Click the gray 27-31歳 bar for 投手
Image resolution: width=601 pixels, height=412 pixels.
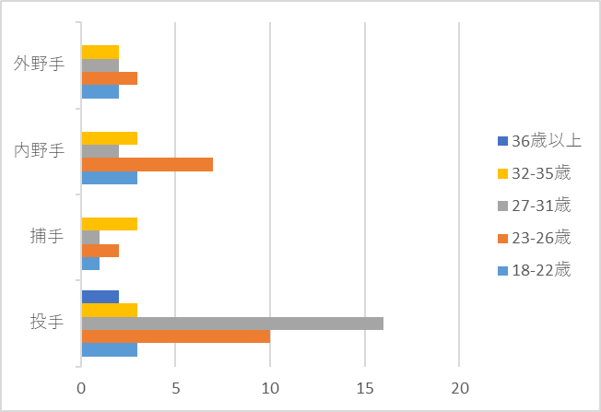(x=232, y=324)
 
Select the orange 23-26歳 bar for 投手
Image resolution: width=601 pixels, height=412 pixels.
(x=176, y=336)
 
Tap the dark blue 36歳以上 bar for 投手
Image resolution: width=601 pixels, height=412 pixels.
(x=100, y=297)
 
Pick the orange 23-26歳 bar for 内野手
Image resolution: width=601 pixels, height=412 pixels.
(x=147, y=164)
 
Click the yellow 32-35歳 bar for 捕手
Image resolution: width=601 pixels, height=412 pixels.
(x=110, y=224)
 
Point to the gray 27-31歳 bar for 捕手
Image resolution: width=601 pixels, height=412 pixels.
(x=90, y=237)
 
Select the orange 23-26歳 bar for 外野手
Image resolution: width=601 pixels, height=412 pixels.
(x=110, y=78)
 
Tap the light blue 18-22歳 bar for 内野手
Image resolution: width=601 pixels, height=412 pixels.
(x=110, y=178)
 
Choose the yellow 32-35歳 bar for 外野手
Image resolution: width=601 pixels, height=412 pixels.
(x=100, y=52)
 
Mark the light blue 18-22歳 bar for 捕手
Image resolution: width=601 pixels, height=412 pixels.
(x=90, y=264)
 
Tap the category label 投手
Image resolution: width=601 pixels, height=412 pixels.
(x=46, y=323)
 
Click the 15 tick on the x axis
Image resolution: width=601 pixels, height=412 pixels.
(x=365, y=386)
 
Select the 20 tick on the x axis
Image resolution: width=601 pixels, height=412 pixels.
(x=459, y=386)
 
